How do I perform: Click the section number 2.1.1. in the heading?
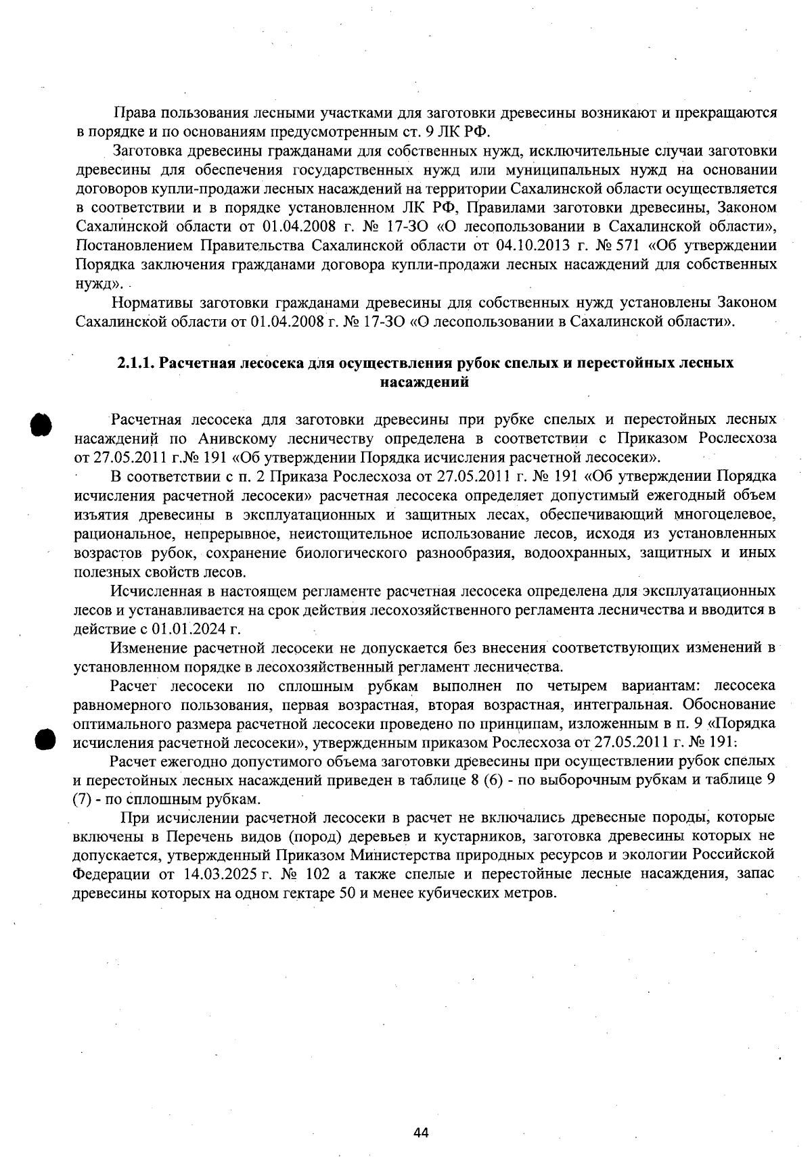135,363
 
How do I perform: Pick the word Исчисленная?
154,592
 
